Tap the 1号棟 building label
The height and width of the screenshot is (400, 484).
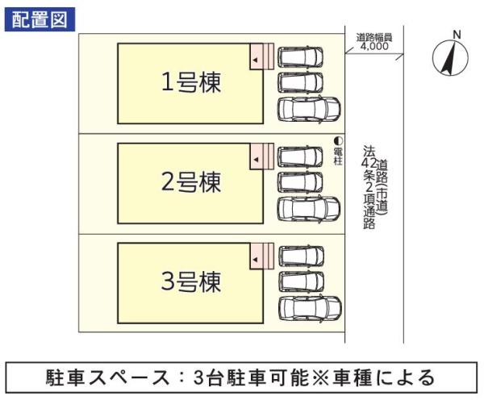(191, 82)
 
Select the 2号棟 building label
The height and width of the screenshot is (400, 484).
(191, 183)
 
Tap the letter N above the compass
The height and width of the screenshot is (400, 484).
(456, 34)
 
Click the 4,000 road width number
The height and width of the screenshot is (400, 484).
(373, 47)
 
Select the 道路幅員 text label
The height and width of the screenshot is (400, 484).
(373, 37)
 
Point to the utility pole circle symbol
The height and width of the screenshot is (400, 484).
(339, 140)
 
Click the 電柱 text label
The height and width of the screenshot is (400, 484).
(338, 156)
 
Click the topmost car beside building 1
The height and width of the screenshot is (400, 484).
(300, 57)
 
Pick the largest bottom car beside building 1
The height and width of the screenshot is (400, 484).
(308, 109)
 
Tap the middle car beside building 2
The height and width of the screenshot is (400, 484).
(300, 181)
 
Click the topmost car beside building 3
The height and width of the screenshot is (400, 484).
(300, 256)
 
